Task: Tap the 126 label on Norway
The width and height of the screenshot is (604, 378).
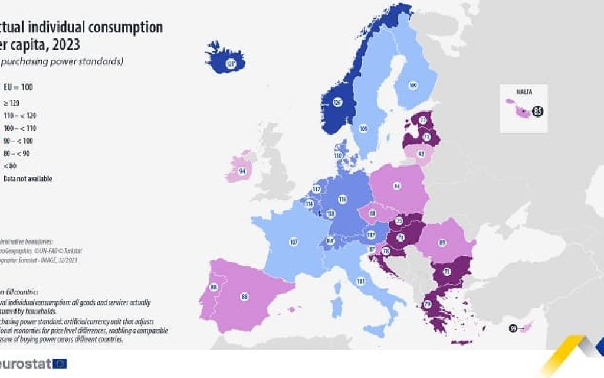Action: [x=337, y=102]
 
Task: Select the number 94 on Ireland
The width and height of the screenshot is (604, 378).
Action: [x=242, y=171]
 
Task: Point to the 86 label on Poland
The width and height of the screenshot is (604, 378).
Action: [x=397, y=186]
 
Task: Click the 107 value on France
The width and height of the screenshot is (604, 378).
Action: [x=293, y=242]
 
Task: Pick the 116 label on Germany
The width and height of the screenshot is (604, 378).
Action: [x=342, y=200]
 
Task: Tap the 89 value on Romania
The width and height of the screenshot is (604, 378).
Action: [x=442, y=242]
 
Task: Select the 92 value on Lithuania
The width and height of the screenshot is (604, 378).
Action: [x=421, y=154]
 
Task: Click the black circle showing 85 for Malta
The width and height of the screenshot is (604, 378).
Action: [x=537, y=110]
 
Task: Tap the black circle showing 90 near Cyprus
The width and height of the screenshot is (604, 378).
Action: [x=513, y=328]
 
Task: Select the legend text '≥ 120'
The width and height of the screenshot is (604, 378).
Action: [x=11, y=103]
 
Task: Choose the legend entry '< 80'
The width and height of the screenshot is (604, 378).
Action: [x=10, y=166]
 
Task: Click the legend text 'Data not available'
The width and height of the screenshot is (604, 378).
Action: [x=27, y=178]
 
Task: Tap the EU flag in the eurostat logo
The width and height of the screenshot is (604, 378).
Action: [x=60, y=363]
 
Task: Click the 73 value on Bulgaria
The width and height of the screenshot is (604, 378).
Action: [x=447, y=272]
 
